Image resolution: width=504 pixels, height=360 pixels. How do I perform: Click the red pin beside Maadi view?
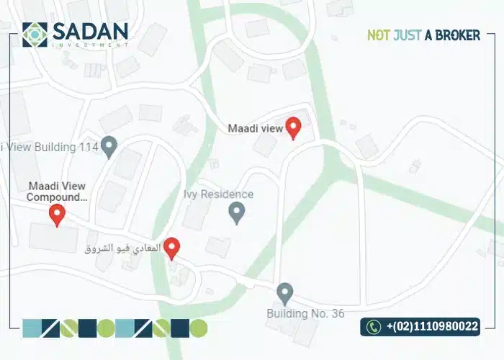tap(293, 127)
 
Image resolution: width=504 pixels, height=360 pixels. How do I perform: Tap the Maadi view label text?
tap(256, 129)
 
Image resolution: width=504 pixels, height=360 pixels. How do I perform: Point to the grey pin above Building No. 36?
tap(285, 293)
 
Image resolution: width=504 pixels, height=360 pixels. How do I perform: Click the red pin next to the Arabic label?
tap(171, 248)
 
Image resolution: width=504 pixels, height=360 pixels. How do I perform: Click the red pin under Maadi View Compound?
tap(57, 214)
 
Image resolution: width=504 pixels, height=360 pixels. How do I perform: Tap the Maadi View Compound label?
tap(58, 191)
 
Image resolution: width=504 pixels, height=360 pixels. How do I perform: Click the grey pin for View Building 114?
tap(109, 146)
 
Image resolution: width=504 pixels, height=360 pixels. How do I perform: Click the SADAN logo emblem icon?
tap(35, 35)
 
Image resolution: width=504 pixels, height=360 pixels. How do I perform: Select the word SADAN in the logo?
tap(89, 31)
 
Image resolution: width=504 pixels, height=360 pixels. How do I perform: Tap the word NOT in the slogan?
tap(379, 35)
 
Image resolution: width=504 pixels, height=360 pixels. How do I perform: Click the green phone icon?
tap(373, 327)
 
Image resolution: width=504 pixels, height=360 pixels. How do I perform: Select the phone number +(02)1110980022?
tap(432, 327)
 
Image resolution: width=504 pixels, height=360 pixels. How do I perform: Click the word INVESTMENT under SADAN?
tap(89, 45)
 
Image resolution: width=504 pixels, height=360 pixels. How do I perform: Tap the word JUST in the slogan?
tap(408, 35)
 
